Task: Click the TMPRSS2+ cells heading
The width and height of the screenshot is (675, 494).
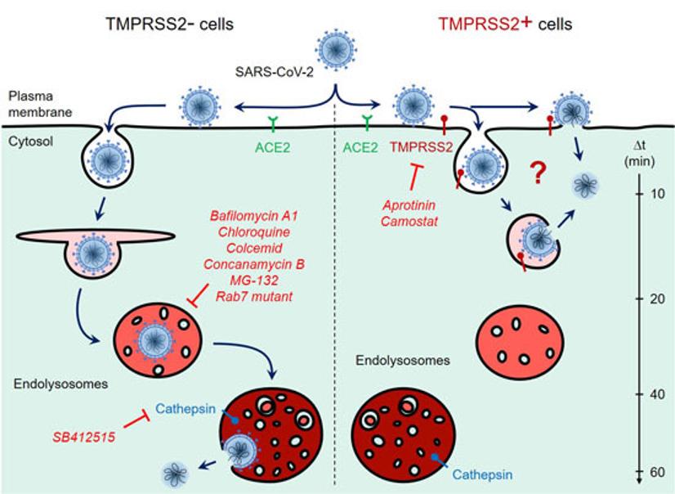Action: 504,24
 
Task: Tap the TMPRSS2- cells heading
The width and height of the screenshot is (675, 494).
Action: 169,24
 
